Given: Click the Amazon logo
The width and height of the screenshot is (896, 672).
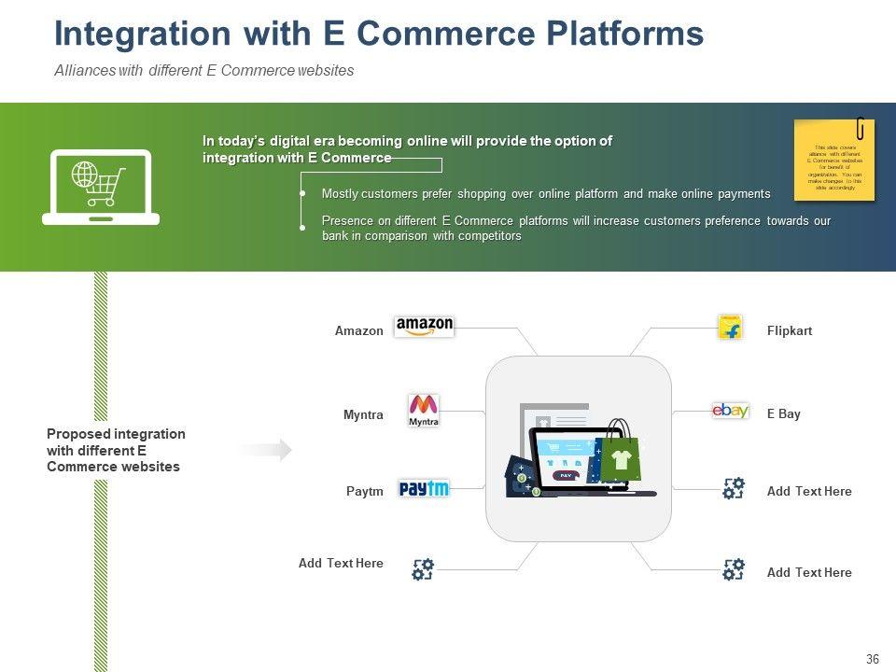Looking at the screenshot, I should pos(424,327).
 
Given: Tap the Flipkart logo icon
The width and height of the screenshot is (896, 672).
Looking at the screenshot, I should pos(730,328).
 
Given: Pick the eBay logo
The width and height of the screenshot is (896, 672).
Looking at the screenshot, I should pos(730,411).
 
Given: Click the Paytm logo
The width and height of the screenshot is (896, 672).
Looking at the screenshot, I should pos(424,488).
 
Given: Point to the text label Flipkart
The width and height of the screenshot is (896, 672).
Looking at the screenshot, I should pos(790,330).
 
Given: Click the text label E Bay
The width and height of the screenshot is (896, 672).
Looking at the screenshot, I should pos(784,413).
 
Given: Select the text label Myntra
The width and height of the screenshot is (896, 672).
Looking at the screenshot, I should pos(363,414).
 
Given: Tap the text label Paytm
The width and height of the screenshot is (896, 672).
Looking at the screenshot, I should pos(364,491).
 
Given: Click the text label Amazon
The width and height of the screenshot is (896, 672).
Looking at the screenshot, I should pos(358,330).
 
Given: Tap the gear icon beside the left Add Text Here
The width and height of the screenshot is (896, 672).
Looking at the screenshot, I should pos(423,568).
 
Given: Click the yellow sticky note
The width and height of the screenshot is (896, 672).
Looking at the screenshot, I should pos(833,160).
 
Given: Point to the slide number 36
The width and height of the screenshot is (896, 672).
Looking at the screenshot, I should pos(873,660).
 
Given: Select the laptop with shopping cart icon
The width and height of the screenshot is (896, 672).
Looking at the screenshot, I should pos(101,187).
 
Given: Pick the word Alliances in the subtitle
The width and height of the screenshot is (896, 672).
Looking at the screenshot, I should pos(85,71).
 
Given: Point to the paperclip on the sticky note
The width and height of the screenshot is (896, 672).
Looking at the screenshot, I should pos(861,128).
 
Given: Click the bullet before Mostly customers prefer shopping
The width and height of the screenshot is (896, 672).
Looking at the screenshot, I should pos(302,193).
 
